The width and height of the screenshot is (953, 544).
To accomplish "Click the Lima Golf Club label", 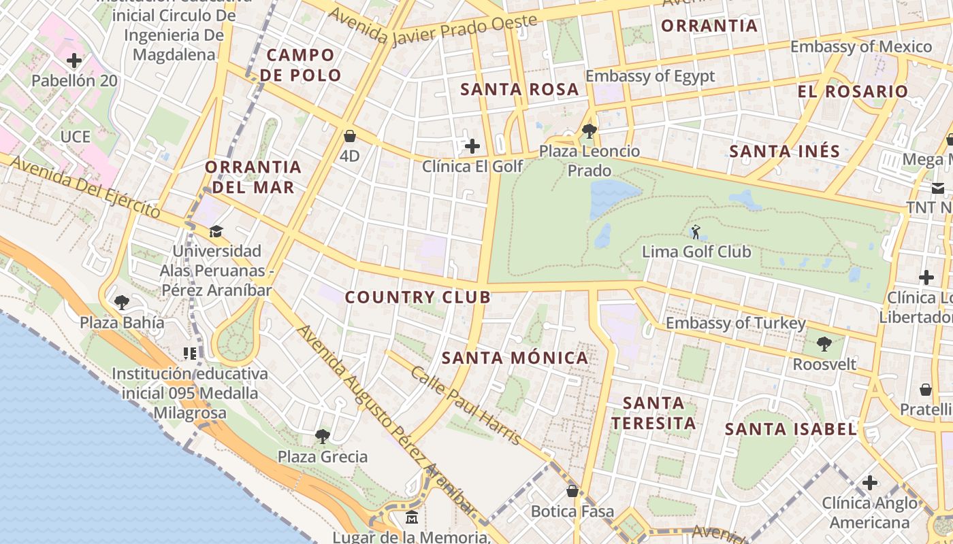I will point(696,252).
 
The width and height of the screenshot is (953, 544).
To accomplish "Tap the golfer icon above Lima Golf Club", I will point(696,232).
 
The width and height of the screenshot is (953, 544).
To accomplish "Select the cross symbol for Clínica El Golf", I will point(472,146).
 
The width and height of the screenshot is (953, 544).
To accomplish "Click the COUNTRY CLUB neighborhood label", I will point(417,297).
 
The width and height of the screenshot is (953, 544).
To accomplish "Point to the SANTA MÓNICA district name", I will point(515,358).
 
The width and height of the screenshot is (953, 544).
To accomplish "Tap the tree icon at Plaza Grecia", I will point(322,436).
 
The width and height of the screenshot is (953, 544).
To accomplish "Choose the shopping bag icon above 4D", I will point(350,136).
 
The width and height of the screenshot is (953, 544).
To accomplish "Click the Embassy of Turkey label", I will point(735,323).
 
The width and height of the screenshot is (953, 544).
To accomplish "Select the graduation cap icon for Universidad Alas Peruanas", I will point(216,231).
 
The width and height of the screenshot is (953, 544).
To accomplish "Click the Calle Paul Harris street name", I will point(466,406).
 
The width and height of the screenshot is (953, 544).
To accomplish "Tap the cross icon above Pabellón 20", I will point(74,61).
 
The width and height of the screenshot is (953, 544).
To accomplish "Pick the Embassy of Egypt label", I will point(650,75).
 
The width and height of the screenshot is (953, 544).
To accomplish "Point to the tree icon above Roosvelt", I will point(824,344).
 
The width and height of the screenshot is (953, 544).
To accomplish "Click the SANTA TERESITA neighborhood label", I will point(653,413).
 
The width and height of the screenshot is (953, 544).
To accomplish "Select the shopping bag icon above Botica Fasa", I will point(572,491).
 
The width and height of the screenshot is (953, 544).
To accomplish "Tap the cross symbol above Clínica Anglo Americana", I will point(869,483).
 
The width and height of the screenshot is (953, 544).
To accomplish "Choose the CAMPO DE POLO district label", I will point(300,65).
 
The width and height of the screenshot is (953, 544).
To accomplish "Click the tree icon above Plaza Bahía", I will point(122,302).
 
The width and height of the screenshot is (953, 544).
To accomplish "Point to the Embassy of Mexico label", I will point(860,47).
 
